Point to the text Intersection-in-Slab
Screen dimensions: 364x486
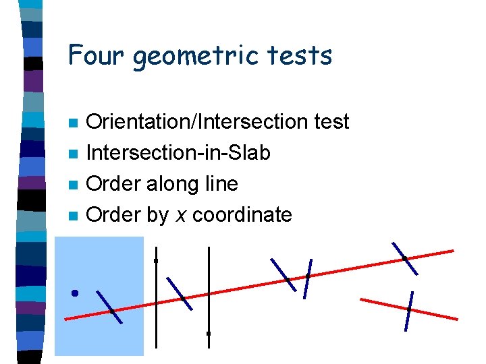(x=179, y=153)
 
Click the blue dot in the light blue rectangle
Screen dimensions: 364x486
(x=75, y=293)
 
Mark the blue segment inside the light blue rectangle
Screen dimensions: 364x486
(x=110, y=307)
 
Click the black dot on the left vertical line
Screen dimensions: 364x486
(x=156, y=260)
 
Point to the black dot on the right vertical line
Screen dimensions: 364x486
(x=209, y=333)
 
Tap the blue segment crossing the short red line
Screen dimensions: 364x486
(x=408, y=311)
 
